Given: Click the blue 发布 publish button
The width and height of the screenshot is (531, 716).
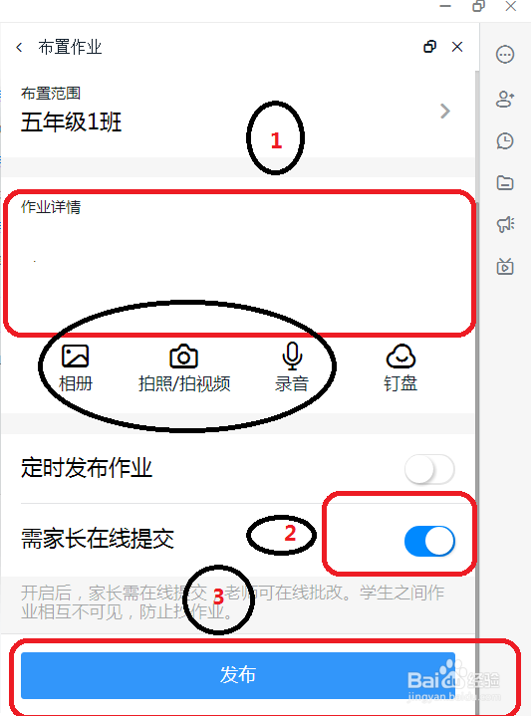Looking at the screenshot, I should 238,675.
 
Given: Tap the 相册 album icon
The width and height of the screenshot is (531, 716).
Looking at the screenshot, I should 76,357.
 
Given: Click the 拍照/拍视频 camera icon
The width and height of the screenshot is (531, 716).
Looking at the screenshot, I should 183,357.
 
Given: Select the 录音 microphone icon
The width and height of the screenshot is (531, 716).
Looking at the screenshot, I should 292,356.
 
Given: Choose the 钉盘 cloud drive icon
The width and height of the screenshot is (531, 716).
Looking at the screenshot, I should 400,356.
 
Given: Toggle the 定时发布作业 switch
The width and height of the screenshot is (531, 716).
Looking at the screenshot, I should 429,469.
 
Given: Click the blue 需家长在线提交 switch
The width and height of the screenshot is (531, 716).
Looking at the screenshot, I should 429,541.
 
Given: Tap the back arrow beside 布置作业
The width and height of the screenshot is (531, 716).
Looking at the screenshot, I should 19,47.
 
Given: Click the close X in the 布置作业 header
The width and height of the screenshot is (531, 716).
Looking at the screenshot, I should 457,47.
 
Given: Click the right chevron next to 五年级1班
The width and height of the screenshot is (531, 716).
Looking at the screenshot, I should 445,112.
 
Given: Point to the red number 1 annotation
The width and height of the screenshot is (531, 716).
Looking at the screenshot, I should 277,141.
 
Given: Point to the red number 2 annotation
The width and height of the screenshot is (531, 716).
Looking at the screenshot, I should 290,534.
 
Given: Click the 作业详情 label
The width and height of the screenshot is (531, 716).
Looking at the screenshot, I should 52,207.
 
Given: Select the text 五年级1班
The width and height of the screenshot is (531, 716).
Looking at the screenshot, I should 72,122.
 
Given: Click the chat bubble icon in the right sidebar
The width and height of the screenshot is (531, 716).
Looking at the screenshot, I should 505,56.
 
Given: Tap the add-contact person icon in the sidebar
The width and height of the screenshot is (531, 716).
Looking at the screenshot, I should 505,99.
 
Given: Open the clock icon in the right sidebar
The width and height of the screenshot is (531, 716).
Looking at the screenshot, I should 505,140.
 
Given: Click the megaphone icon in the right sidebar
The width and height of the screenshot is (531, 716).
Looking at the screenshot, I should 505,224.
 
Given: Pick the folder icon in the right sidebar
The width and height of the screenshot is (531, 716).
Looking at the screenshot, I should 505,182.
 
